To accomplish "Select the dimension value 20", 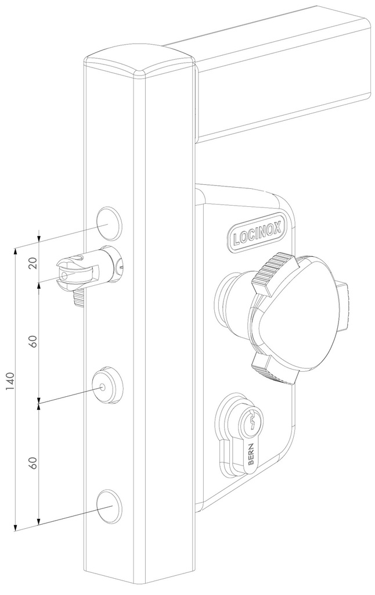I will click(33, 263).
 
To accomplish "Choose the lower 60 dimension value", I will click(33, 463).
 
